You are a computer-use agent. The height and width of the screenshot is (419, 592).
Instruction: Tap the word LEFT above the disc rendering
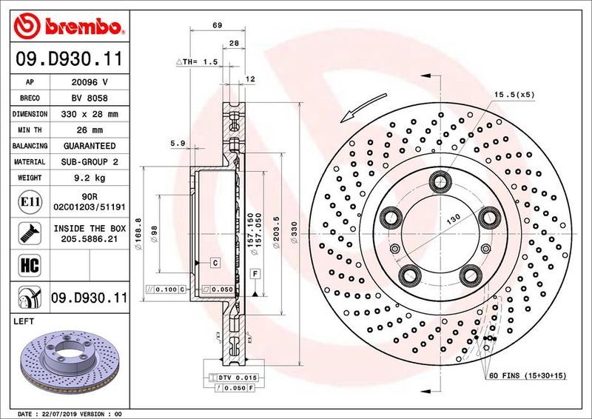[x=25, y=322]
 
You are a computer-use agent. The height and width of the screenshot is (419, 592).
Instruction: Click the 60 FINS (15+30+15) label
[x=527, y=375]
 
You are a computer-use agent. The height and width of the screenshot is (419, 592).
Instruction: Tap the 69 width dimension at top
[x=218, y=26]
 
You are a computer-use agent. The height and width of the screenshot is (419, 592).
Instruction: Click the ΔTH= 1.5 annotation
[x=197, y=62]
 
